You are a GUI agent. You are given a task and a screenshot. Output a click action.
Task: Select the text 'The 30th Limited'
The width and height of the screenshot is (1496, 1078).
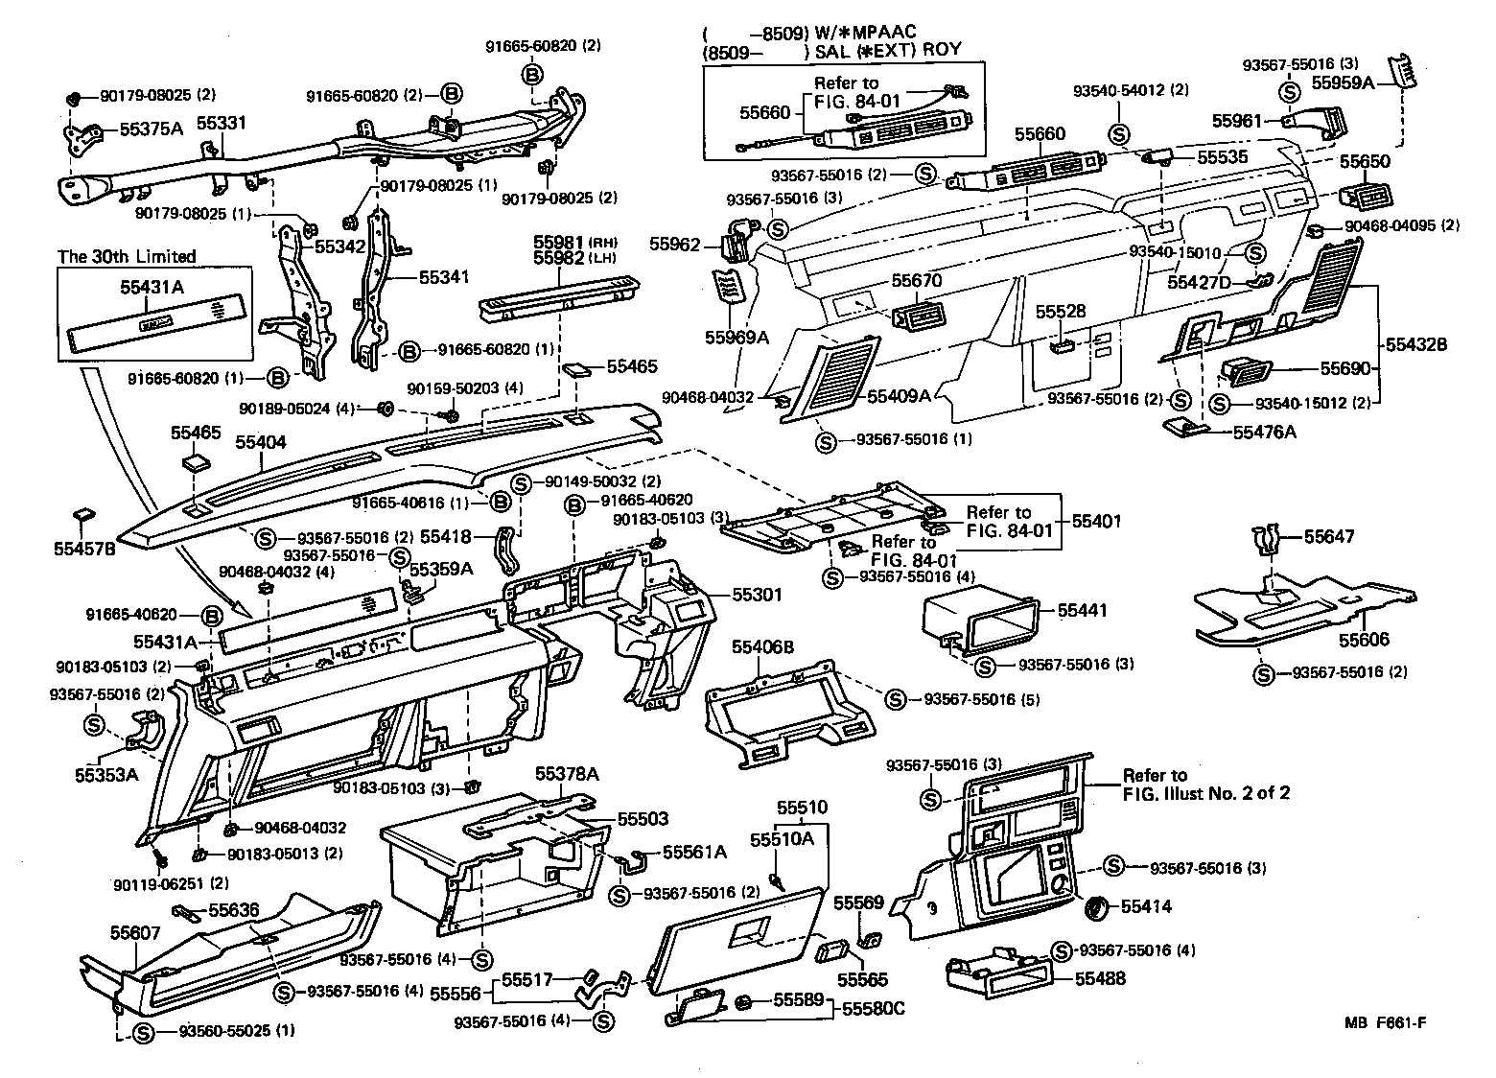tap(127, 256)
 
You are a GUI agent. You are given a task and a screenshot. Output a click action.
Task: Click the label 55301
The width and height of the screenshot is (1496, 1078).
tap(758, 595)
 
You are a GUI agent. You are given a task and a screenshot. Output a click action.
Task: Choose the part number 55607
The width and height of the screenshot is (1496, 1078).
tap(135, 931)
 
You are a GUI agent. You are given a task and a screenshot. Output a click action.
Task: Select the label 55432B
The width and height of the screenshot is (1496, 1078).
tap(1414, 343)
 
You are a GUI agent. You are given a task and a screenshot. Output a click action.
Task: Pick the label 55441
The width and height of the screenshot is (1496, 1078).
tap(1083, 610)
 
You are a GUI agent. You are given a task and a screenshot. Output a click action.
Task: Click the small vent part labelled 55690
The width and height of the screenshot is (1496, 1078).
tap(1247, 370)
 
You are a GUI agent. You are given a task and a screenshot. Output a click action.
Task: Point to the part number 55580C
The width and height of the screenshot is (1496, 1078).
tap(875, 1009)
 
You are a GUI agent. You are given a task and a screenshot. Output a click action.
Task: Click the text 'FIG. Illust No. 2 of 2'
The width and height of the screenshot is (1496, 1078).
tap(1206, 793)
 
